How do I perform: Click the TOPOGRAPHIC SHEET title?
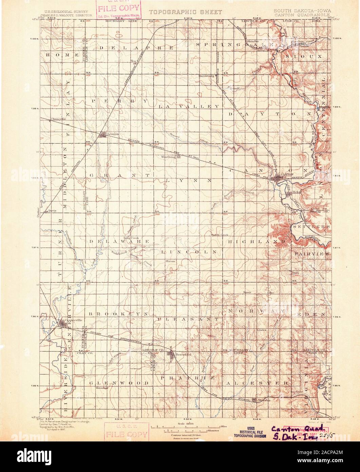(x=185, y=12)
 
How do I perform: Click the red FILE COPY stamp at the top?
(x=118, y=9)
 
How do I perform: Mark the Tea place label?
(x=134, y=61)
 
